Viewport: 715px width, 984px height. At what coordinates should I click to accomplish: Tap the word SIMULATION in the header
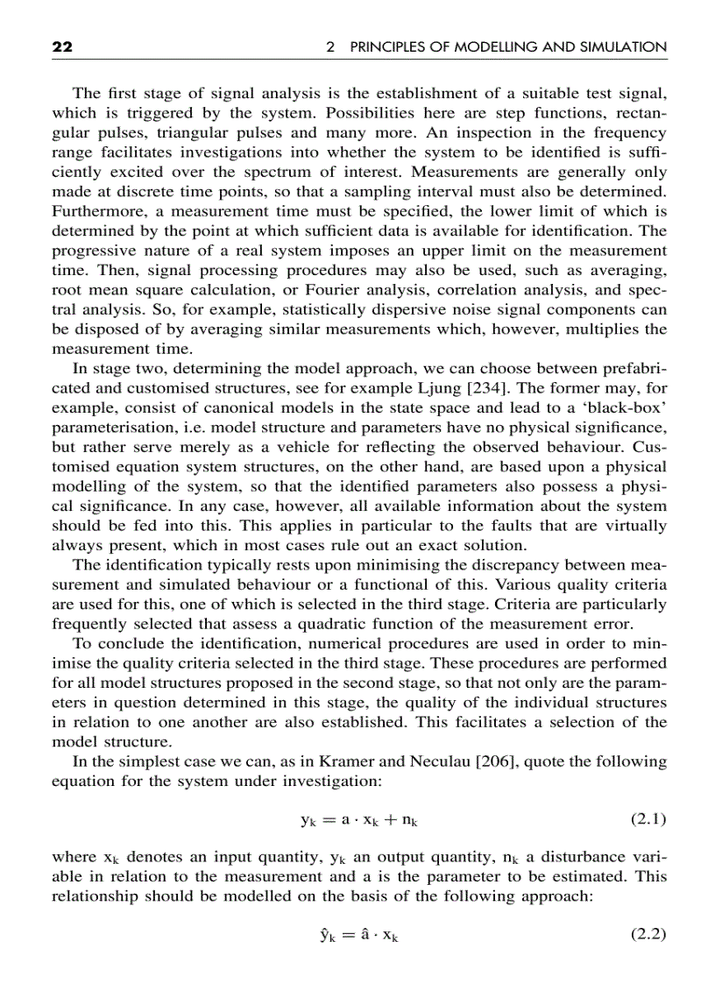(x=623, y=47)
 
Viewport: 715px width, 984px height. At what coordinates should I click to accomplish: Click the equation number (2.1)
(x=648, y=820)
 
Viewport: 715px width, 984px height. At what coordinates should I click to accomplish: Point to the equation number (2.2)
(x=648, y=934)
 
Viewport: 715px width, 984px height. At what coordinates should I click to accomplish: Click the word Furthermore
(x=94, y=212)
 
